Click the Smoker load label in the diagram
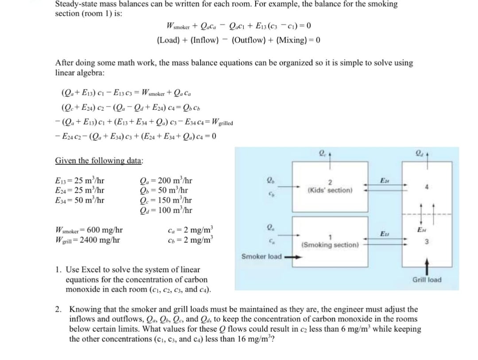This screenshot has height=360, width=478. point(261,256)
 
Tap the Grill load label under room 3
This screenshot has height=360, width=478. point(427,279)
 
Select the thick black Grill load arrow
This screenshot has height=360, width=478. point(427,267)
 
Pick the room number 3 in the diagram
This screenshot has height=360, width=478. point(426,242)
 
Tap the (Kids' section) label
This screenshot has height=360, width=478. point(330,190)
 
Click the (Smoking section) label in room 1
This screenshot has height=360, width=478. point(330,244)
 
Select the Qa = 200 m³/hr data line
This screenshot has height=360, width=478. point(166,180)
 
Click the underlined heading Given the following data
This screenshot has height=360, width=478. point(99,160)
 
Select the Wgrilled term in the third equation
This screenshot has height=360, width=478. point(218,123)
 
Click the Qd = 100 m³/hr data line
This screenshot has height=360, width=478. point(166,209)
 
